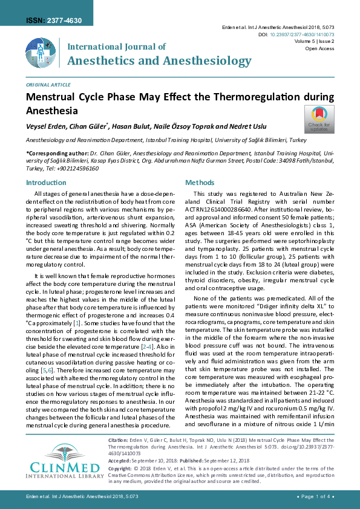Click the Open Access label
tap(320, 48)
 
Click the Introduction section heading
tap(47, 183)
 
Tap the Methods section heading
tap(199, 183)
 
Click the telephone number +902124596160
tap(77, 169)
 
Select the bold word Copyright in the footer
tap(120, 468)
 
